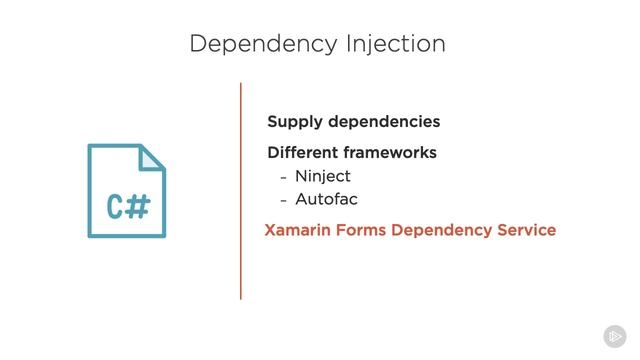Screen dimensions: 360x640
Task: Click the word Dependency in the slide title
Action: point(255,44)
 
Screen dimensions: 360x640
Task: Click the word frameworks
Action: point(388,153)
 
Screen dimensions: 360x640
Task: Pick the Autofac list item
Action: point(326,198)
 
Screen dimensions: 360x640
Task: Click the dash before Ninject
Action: point(283,176)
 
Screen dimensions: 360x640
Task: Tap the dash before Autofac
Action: point(283,198)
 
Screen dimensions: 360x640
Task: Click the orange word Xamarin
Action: point(298,230)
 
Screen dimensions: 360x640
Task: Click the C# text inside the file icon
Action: point(128,207)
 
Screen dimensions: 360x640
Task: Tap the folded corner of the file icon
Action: point(152,157)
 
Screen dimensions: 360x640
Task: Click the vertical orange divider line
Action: point(241,190)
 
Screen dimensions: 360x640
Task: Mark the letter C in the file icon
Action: point(116,207)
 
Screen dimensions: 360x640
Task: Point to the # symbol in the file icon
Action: point(139,207)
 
